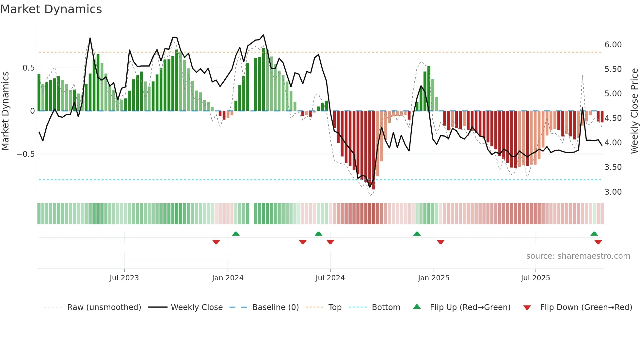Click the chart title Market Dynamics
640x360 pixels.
tap(51, 9)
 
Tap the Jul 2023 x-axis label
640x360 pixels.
tap(124, 278)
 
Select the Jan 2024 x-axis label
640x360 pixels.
tap(228, 278)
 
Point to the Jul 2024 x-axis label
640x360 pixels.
tap(330, 278)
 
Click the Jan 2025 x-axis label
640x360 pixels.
tap(434, 278)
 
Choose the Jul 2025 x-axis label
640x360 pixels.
tap(536, 278)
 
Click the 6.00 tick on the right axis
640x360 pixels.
tap(613, 45)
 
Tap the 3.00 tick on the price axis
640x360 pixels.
tap(613, 192)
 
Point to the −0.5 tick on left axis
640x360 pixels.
tap(25, 154)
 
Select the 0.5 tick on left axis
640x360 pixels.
tap(28, 68)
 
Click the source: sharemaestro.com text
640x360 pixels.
tap(578, 256)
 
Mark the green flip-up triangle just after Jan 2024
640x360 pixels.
tap(236, 234)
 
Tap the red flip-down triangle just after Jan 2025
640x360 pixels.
tap(440, 242)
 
